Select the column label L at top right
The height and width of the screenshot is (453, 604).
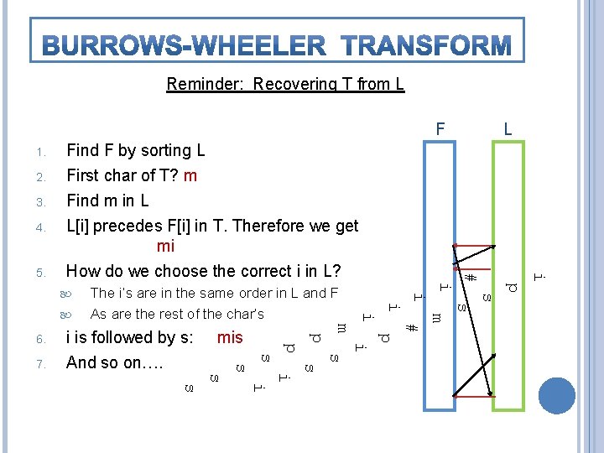(x=508, y=131)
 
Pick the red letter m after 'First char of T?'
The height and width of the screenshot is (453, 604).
(x=190, y=175)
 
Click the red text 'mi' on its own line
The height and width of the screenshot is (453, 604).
(x=165, y=247)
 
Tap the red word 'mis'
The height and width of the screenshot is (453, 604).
(x=229, y=338)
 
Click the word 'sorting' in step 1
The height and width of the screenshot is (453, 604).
(x=166, y=151)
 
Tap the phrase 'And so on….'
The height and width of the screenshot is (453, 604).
(x=114, y=363)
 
